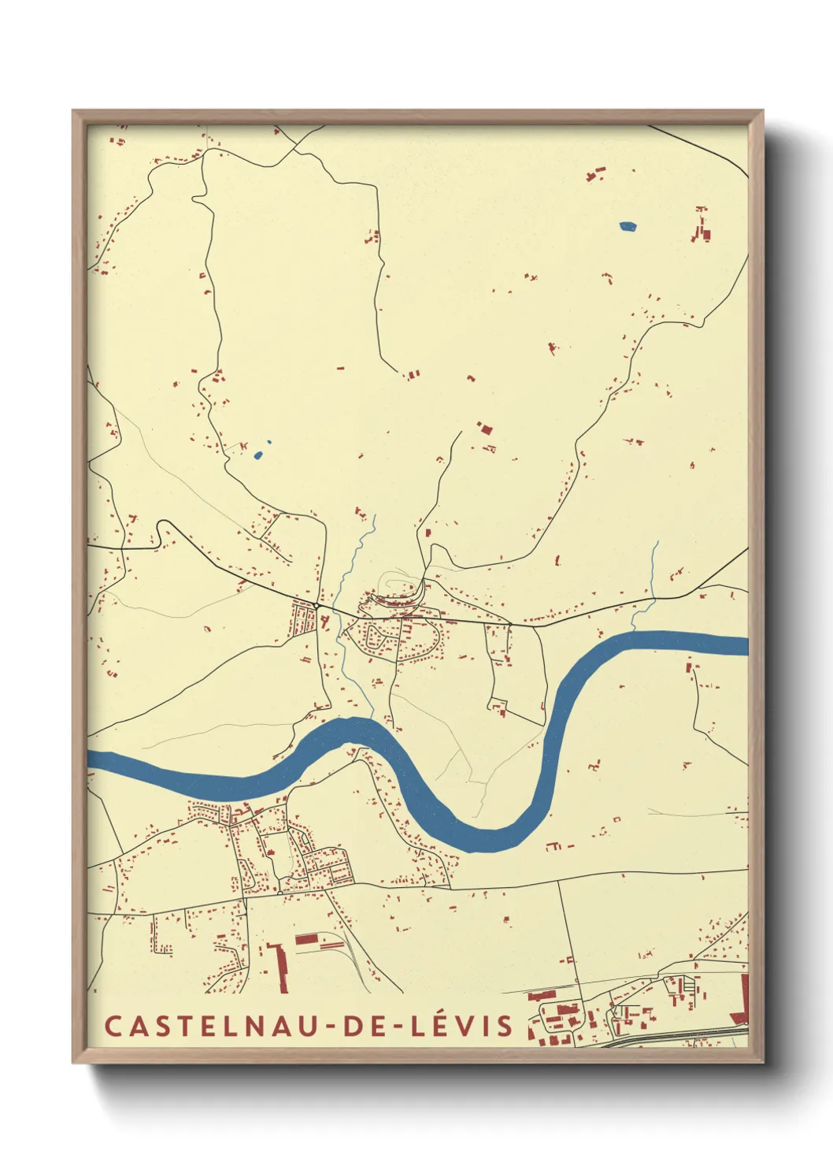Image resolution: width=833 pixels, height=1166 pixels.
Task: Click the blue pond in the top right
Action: click(628, 226)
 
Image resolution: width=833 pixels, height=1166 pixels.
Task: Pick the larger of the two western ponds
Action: click(258, 454)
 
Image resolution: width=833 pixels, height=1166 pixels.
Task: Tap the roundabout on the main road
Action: click(316, 604)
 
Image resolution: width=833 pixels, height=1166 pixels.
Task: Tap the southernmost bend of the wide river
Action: click(488, 841)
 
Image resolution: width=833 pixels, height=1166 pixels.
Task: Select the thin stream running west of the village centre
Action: click(346, 662)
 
